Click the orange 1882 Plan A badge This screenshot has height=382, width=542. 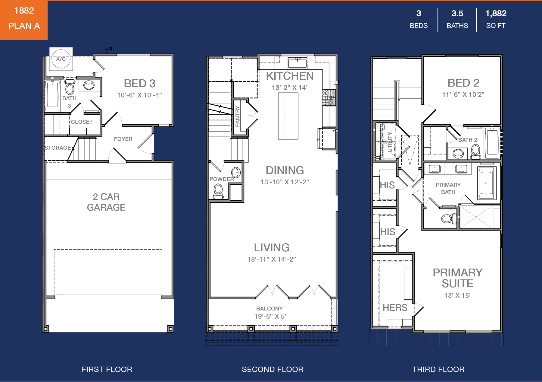coord(24,20)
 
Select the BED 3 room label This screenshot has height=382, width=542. coord(139,83)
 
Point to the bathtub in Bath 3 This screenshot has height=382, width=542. coord(52,95)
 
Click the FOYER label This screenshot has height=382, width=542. coord(123,139)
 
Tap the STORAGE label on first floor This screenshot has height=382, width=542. coord(58,148)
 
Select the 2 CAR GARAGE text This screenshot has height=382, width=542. coord(106,202)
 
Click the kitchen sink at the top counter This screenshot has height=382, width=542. coord(297,63)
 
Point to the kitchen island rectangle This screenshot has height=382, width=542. coord(288,116)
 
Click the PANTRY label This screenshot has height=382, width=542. coord(238,116)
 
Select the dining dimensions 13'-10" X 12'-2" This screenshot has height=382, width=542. coord(285,182)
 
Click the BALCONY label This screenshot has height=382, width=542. coord(269,309)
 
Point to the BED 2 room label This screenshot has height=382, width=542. coord(463,83)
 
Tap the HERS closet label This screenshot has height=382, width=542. coord(395,307)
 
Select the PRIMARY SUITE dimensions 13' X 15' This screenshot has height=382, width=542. coord(457,295)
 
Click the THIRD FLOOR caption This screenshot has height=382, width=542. coord(438,369)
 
